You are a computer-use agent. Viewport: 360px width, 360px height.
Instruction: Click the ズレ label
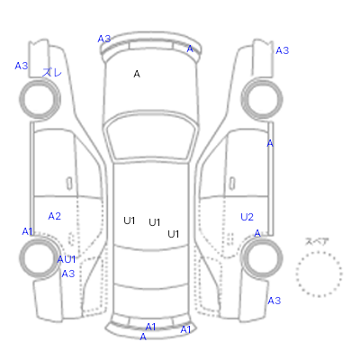click(x=52, y=72)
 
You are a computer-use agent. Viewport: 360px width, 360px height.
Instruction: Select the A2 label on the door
click(x=55, y=216)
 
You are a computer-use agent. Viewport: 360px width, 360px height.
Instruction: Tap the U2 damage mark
click(x=247, y=217)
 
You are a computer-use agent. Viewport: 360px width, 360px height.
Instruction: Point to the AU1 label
click(x=67, y=259)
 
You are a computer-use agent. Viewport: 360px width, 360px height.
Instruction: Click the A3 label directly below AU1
click(x=68, y=274)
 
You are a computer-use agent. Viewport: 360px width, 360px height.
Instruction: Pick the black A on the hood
click(x=137, y=74)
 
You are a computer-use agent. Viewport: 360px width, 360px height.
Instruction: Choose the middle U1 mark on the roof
click(x=155, y=222)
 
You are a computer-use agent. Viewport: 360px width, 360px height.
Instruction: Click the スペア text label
click(x=317, y=241)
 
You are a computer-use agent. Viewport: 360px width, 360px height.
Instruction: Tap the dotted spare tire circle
click(x=319, y=251)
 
